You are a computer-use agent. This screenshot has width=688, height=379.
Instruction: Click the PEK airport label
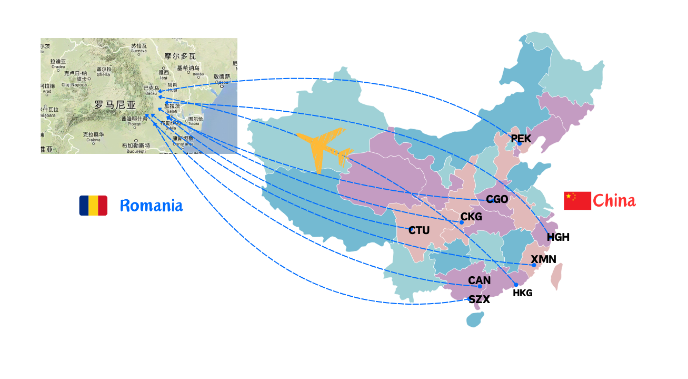521,139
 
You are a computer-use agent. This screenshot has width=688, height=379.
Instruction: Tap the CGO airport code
497,199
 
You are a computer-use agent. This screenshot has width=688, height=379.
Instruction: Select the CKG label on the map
471,217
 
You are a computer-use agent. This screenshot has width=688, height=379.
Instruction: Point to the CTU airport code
419,230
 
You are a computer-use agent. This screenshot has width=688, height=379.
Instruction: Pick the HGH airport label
558,237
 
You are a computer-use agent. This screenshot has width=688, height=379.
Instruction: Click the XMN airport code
543,259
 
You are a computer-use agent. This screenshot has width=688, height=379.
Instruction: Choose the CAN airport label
480,281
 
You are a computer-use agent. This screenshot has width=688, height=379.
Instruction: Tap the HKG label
523,293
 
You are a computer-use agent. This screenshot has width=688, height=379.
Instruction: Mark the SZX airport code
480,299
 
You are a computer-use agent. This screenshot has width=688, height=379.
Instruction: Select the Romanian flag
93,206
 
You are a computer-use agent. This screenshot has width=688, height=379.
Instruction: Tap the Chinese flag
577,201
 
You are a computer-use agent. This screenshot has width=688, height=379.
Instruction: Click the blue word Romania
152,206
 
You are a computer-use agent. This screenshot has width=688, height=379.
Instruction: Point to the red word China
614,201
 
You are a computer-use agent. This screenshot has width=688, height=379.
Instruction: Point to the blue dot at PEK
519,143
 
